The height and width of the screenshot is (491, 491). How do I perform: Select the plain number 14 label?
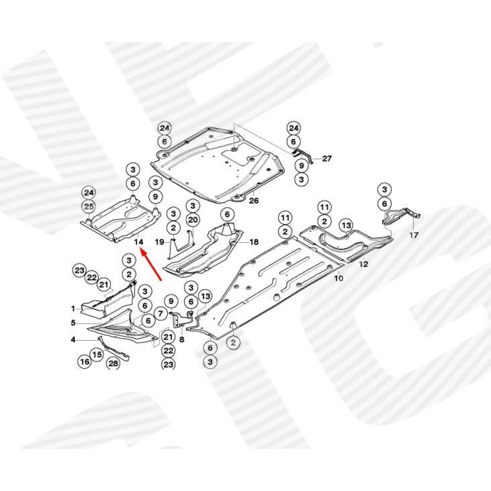point(139,242)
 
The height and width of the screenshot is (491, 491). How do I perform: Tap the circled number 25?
point(89,207)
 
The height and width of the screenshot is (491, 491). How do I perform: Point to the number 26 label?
point(254,200)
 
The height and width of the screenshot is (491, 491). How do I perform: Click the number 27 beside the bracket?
point(327,158)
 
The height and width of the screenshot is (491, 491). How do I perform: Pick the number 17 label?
point(414,235)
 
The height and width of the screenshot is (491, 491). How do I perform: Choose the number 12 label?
point(363,264)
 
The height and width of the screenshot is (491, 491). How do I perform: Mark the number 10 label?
point(339,278)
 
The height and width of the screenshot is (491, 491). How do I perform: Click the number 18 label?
point(254,242)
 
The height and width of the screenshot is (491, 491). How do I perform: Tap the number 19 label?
point(160,242)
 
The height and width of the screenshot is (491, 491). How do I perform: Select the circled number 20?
point(193,220)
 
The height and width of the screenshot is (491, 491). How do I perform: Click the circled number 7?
point(161,313)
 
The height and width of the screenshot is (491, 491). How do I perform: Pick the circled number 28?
point(113,363)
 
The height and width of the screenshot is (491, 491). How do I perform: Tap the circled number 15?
point(97,354)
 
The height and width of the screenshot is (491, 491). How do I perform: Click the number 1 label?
point(73,309)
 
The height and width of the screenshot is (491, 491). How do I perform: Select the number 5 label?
point(73,323)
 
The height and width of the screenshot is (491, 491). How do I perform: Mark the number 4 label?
point(73,339)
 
